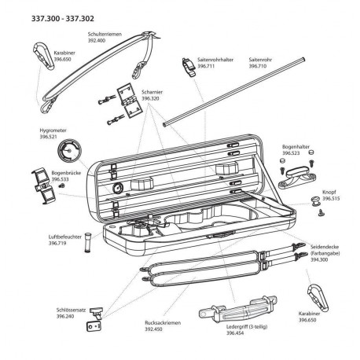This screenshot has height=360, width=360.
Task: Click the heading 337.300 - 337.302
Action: [x=63, y=19]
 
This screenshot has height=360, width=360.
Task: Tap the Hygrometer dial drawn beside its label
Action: [x=69, y=151]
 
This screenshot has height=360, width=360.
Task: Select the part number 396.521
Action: [x=48, y=137]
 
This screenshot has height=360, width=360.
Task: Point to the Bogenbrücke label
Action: [x=66, y=173]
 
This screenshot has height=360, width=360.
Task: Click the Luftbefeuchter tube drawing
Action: [x=87, y=242]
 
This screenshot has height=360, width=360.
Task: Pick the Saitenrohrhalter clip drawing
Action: [x=189, y=67]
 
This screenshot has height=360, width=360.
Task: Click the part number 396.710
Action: [x=258, y=66]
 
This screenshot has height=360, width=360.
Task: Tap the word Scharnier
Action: [x=152, y=92]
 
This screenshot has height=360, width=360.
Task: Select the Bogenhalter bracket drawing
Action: [x=297, y=178]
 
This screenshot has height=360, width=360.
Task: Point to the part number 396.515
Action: [x=331, y=199]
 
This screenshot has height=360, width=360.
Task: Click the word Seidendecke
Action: [x=325, y=247]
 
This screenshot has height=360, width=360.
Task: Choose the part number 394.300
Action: [x=319, y=259]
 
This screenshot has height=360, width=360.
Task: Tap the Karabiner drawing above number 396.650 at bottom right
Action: [x=318, y=297]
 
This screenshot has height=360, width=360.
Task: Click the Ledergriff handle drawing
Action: [x=237, y=310]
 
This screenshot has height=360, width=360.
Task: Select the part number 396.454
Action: [x=235, y=333]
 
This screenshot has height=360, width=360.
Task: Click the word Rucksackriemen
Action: [x=163, y=323]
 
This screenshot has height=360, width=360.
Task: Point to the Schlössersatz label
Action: [x=72, y=310]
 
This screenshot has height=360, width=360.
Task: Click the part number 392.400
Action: [x=97, y=41]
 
